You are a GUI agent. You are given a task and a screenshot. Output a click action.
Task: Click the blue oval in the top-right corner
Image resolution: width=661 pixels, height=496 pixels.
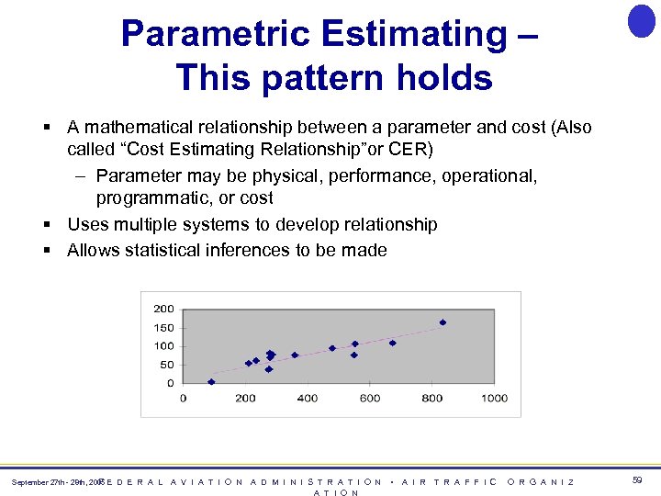point(641,20)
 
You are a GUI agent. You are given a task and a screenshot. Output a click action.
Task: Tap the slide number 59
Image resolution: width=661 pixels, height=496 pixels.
point(637,480)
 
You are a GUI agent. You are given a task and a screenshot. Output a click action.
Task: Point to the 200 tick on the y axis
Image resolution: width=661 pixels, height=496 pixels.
point(163,309)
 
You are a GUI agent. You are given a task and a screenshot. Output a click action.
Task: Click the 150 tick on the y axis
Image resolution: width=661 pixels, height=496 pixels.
point(163,328)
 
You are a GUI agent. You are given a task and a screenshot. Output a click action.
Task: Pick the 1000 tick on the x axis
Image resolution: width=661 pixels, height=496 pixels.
point(494,398)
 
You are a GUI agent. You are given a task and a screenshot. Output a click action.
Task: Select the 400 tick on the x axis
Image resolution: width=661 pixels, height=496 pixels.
point(308,398)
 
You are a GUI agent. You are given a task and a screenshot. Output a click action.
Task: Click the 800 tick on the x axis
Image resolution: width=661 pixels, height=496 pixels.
point(431,398)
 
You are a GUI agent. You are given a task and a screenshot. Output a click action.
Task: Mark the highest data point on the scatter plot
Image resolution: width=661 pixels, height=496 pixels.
point(443,322)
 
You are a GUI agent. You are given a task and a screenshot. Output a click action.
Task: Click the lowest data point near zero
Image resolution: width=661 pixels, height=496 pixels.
point(211,381)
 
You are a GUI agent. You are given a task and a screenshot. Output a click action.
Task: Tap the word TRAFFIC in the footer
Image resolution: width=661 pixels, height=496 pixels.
point(465,481)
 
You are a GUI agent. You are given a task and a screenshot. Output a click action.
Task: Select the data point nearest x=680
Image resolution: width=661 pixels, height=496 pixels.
point(392,344)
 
